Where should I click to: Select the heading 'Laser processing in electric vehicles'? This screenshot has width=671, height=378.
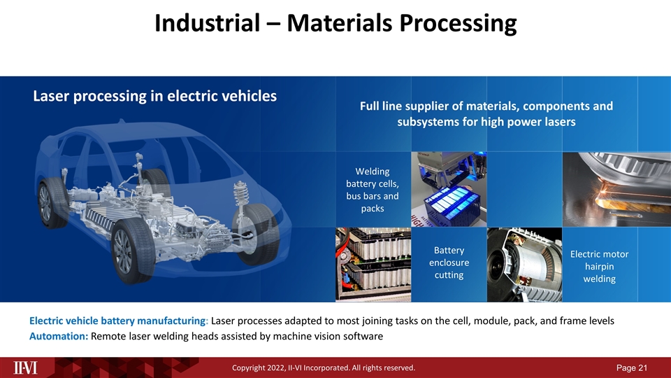point(154,97)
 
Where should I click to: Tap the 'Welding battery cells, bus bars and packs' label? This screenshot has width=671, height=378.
point(373,190)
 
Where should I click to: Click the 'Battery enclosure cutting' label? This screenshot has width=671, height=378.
point(449,262)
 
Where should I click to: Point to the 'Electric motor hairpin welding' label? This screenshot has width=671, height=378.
point(599,266)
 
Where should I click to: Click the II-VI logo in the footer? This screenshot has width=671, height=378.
point(27,367)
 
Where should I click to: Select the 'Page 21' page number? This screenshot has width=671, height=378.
point(638,367)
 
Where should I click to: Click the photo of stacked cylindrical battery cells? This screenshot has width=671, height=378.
point(373,265)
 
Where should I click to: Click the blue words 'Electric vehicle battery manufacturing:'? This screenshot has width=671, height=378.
point(118,321)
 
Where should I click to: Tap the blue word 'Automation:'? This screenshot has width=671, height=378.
point(59,336)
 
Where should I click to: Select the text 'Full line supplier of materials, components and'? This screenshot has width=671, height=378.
point(486,106)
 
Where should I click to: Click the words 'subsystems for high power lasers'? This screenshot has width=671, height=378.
point(486,122)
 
